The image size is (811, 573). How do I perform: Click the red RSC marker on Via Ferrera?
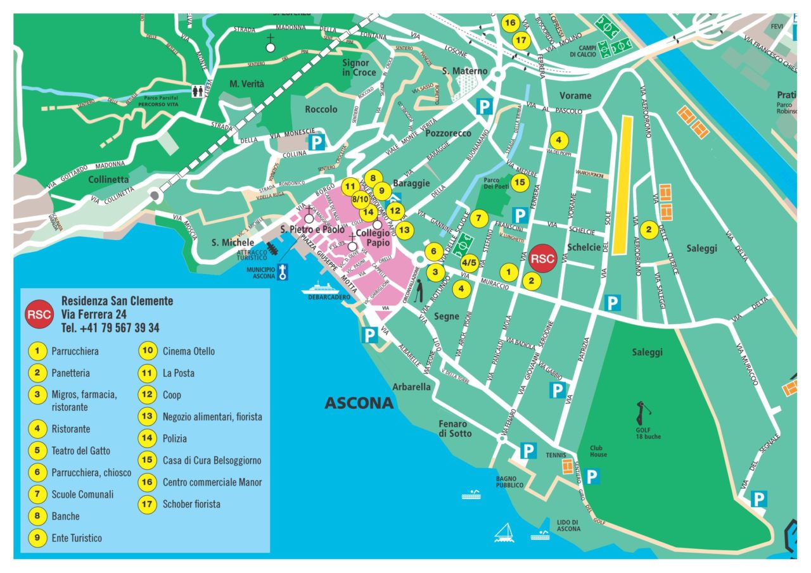[x=542, y=258]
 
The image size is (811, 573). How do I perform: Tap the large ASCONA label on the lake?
[x=359, y=403]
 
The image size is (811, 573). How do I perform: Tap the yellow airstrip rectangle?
[x=623, y=184]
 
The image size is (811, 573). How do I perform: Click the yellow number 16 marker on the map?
[x=509, y=22]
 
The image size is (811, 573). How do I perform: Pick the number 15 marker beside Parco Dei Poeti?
[x=520, y=183]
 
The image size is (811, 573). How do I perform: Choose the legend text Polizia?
[x=175, y=438]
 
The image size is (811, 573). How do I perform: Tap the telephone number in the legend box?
[x=110, y=327]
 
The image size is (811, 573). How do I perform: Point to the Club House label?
[x=598, y=451]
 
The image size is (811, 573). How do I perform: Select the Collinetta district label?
[x=108, y=179]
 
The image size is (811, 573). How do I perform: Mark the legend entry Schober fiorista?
[x=191, y=504]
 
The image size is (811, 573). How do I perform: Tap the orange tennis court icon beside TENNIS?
[x=567, y=467]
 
